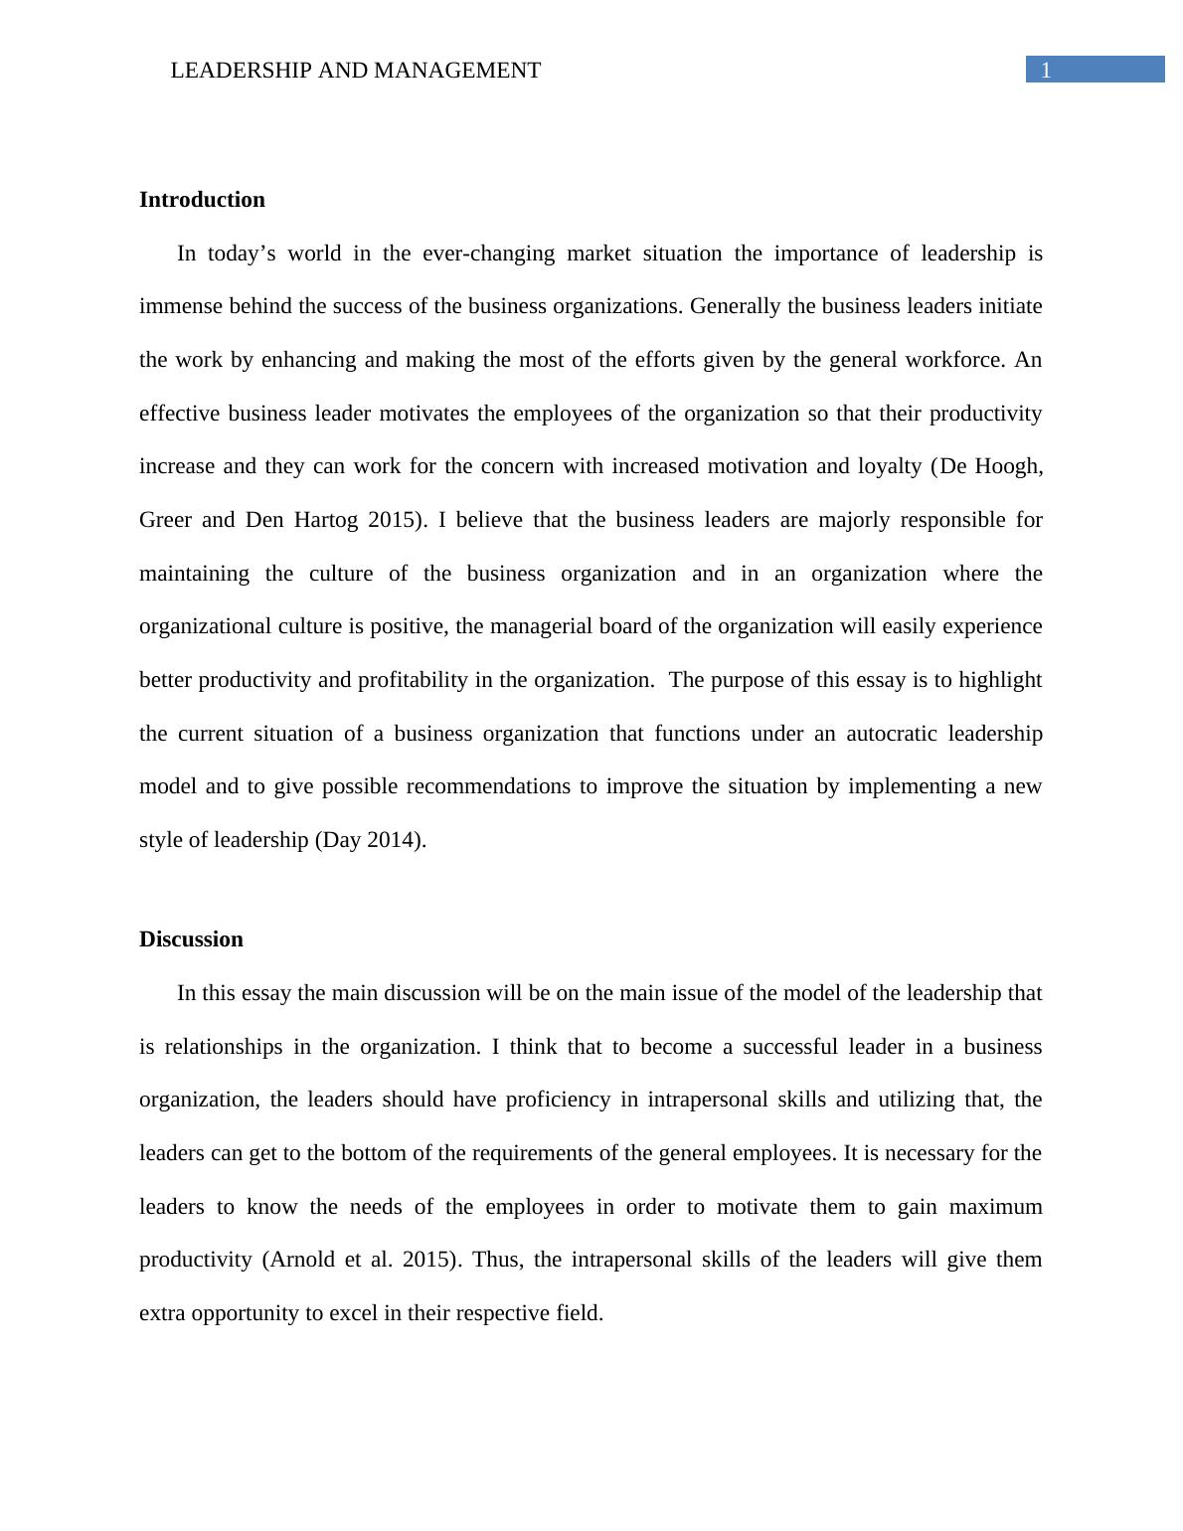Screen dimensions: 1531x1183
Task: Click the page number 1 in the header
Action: (x=1046, y=70)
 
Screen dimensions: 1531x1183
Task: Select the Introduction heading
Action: (x=202, y=200)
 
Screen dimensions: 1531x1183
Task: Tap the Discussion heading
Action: (x=191, y=939)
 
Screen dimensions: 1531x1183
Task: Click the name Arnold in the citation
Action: (x=303, y=1260)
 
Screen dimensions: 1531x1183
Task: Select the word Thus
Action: (x=495, y=1260)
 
